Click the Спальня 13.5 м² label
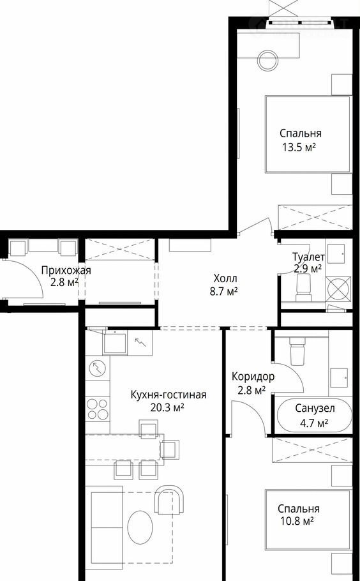coord(301,140)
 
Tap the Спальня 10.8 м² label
coord(299,515)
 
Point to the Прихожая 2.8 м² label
coord(66,276)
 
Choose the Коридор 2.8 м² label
coord(253,383)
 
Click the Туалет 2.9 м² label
coord(308,262)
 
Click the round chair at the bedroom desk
coord(268,61)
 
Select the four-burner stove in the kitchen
coord(98,409)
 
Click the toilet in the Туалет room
coord(304,288)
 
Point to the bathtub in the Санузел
coord(314,416)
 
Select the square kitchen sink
coord(114,342)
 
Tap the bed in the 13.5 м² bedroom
coord(308,134)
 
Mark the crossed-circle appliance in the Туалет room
coord(338,287)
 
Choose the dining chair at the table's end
coord(170,449)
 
